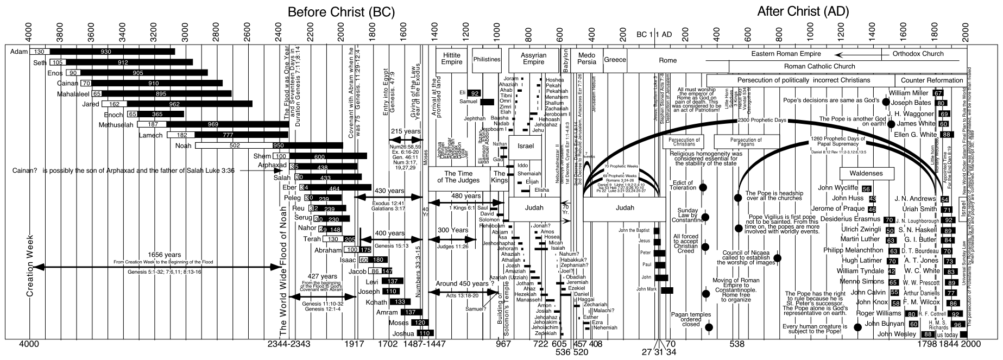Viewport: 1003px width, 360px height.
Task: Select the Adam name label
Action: click(x=18, y=52)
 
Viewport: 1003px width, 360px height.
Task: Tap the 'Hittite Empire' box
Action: click(x=452, y=59)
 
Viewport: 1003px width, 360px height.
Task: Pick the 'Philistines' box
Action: click(x=487, y=59)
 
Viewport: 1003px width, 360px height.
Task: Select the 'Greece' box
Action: click(x=615, y=60)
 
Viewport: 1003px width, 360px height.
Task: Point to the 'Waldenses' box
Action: click(x=867, y=174)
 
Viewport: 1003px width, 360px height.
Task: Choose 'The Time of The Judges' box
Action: click(x=459, y=176)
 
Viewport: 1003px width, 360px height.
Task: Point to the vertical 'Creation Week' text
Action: click(x=31, y=266)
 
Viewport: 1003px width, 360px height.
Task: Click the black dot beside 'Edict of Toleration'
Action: click(x=703, y=187)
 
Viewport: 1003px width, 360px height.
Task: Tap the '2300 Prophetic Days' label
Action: click(x=762, y=120)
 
